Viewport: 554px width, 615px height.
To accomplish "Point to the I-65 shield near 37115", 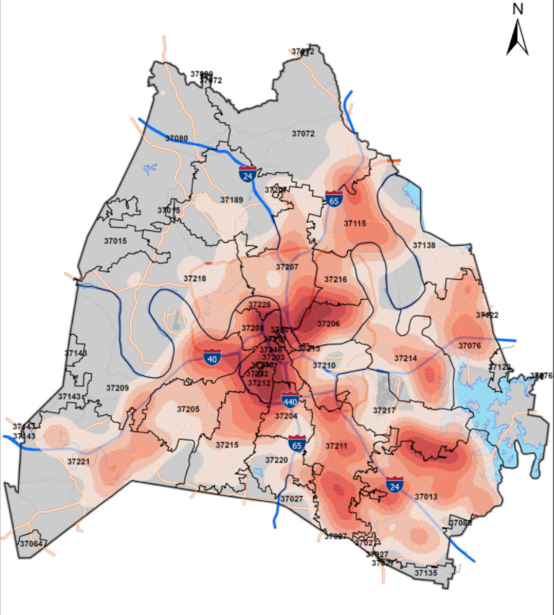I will (334, 200).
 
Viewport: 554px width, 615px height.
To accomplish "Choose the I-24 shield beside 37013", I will (394, 484).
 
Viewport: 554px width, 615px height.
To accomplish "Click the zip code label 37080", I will (177, 138).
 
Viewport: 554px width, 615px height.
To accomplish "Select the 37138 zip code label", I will (424, 246).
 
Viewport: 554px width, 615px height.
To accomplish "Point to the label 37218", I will (194, 279).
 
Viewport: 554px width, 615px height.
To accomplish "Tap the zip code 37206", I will (328, 324).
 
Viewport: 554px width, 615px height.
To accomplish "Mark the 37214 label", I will (406, 359).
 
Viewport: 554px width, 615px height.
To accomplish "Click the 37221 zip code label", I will (78, 461).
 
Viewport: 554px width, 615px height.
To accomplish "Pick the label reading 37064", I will (32, 544).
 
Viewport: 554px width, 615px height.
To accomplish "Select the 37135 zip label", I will (425, 572).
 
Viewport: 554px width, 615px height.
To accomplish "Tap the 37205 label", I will (188, 409).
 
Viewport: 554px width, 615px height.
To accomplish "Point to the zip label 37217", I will (384, 410).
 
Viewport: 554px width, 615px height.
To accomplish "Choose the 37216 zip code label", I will (335, 279).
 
